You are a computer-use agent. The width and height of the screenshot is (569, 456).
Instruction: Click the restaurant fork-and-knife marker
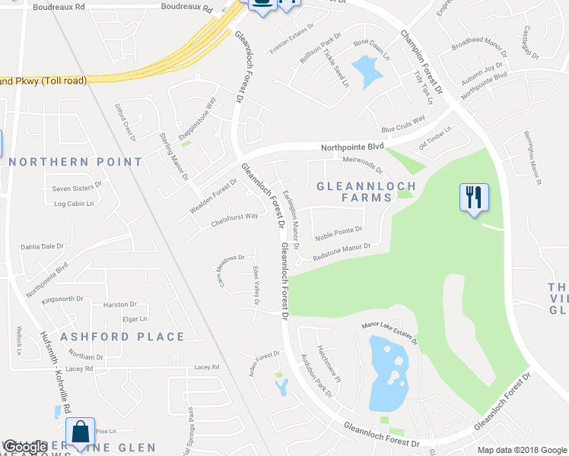click(x=474, y=198)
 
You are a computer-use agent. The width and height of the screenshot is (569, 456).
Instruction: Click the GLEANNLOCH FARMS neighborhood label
click(x=366, y=192)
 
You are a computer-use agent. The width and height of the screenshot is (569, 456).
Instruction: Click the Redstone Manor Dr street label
click(x=341, y=251)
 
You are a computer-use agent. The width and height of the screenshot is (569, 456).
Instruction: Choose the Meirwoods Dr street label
click(x=362, y=164)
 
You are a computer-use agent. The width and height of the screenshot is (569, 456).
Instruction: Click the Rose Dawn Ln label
click(x=370, y=49)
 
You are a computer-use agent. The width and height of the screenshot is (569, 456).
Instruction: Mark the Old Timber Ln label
click(x=435, y=138)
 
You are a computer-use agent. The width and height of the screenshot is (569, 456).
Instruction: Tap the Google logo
click(x=25, y=447)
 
